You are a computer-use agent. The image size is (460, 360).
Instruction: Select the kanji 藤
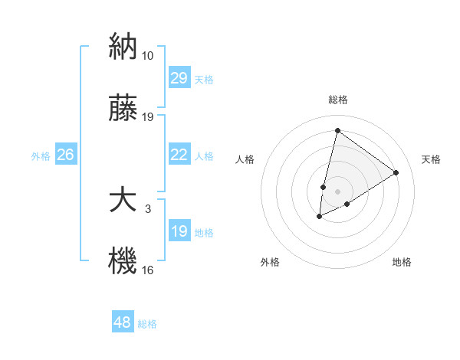[123, 111]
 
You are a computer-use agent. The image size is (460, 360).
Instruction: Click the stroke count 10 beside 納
[148, 56]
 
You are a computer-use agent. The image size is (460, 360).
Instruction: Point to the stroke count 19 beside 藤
[148, 117]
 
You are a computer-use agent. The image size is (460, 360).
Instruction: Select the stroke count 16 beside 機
[148, 270]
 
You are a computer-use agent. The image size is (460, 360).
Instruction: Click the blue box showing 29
[179, 78]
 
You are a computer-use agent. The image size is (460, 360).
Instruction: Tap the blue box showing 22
[179, 155]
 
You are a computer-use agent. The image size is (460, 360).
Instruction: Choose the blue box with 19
[179, 231]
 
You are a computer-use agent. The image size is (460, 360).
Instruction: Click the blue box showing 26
[65, 155]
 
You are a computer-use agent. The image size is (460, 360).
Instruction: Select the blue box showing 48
[123, 322]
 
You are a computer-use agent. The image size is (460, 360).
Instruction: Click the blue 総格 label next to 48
[147, 324]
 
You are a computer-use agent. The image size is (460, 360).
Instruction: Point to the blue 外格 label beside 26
[41, 156]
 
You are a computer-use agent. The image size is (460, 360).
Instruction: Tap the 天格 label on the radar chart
[431, 159]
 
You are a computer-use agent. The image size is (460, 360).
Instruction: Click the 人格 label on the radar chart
[245, 159]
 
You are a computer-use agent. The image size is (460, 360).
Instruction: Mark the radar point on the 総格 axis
[337, 130]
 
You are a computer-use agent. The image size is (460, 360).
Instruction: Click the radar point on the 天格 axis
[396, 172]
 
